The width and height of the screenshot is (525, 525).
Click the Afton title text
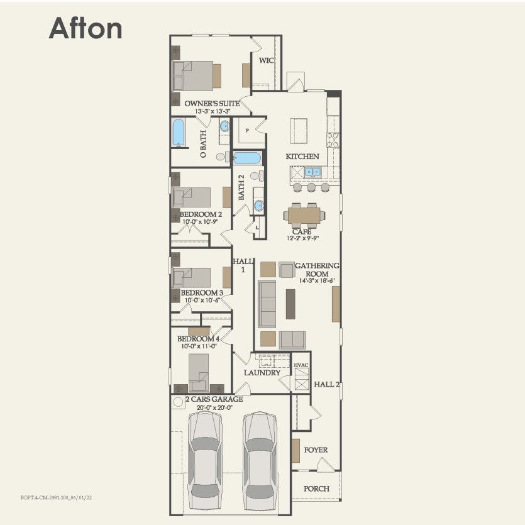click(x=86, y=28)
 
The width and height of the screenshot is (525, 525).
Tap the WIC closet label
click(x=265, y=61)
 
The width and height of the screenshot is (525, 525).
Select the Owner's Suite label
click(x=212, y=102)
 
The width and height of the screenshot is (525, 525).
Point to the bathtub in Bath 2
click(x=250, y=157)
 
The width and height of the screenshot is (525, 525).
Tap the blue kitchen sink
click(x=312, y=172)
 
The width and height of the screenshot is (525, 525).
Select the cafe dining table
click(x=304, y=216)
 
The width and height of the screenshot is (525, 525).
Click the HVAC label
click(x=301, y=365)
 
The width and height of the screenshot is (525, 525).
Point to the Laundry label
click(x=262, y=373)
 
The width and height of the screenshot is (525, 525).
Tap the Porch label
click(x=316, y=489)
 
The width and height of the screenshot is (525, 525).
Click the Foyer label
click(x=316, y=450)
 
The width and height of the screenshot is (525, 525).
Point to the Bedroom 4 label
click(x=201, y=339)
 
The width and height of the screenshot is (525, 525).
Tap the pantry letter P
click(x=247, y=131)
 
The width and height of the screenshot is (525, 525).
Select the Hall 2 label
click(x=327, y=384)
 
